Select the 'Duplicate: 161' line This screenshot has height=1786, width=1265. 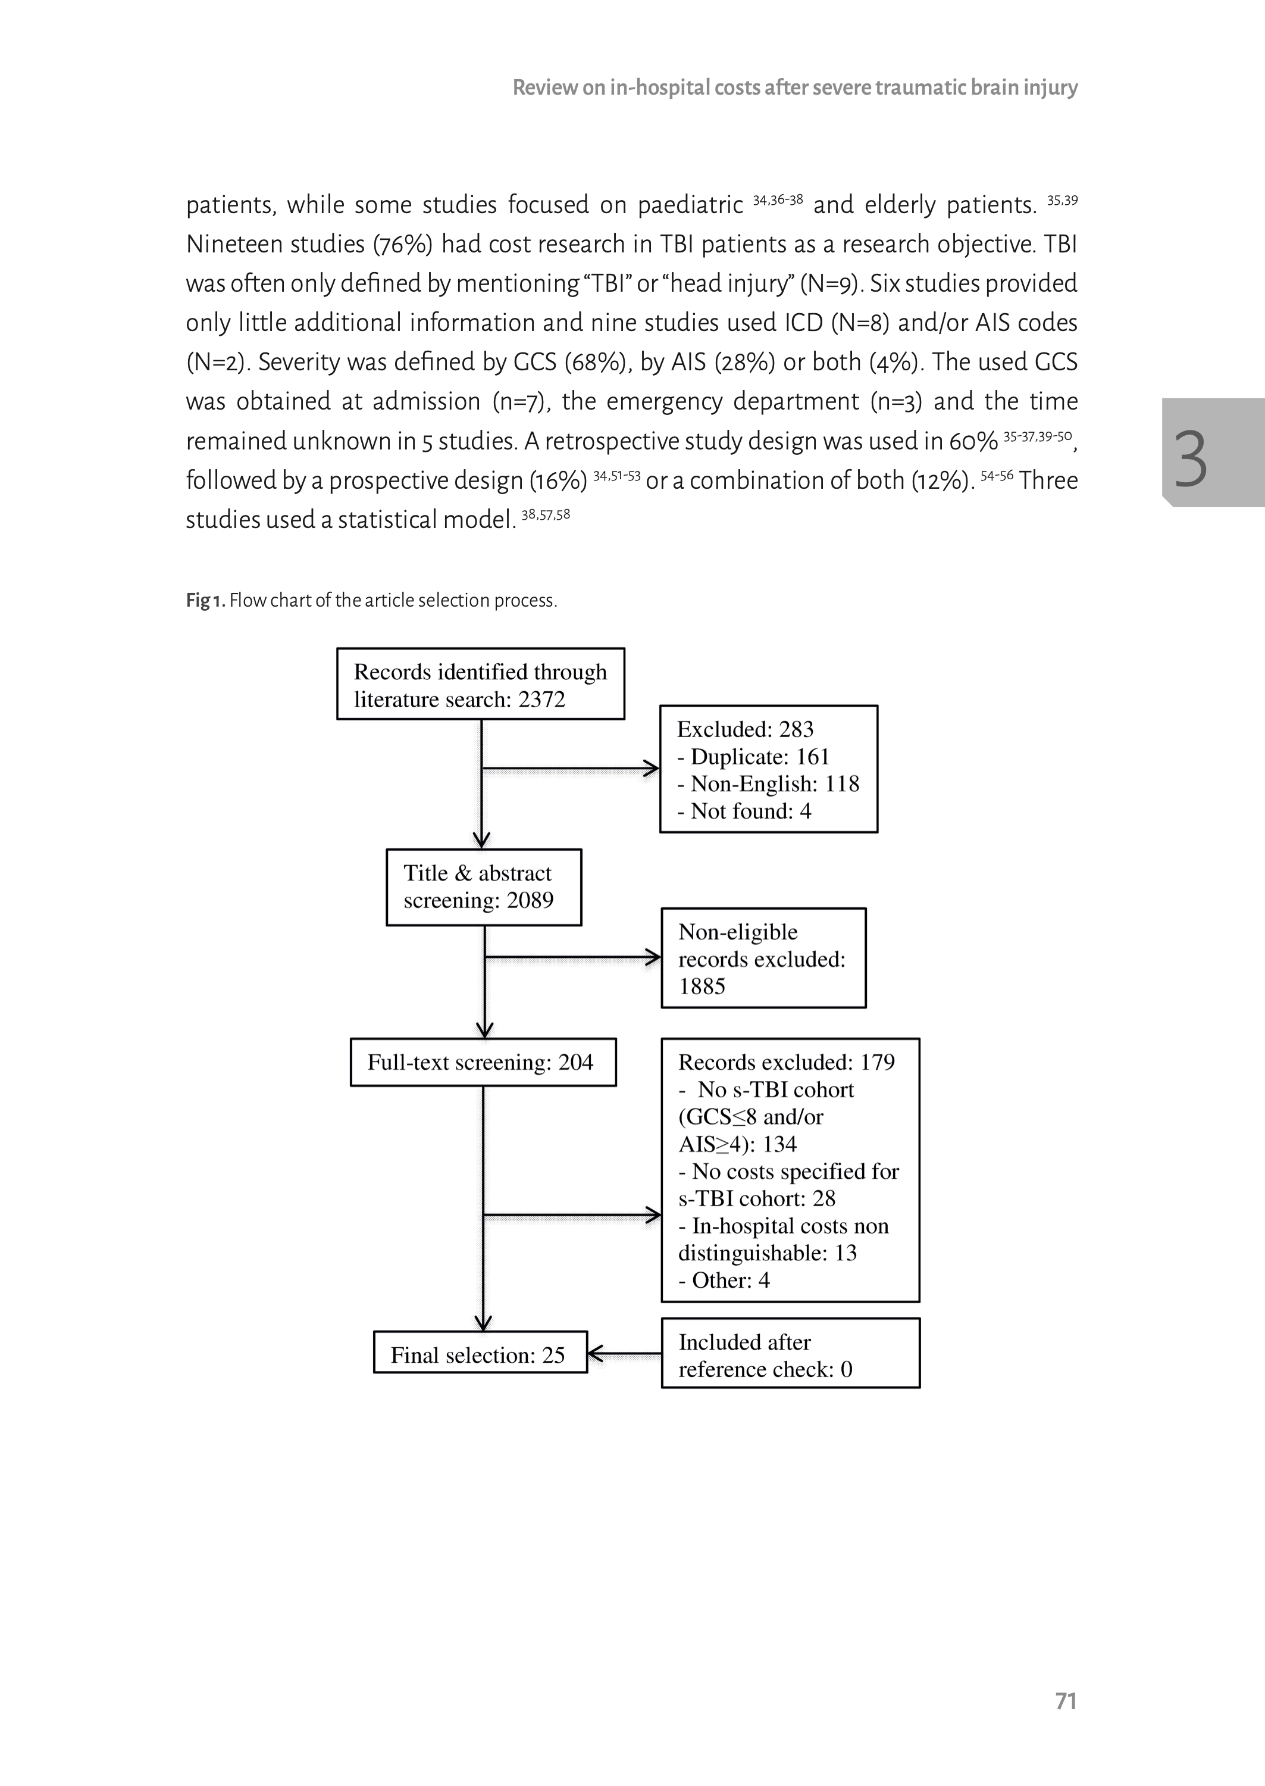pos(753,757)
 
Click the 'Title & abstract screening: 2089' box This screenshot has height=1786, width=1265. pos(484,887)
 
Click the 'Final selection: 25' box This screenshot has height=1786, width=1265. pos(480,1355)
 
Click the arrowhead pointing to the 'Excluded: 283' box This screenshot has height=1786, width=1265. pos(651,769)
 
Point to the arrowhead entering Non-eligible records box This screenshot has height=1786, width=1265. pos(653,957)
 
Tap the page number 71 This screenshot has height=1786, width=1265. pos(1066,1701)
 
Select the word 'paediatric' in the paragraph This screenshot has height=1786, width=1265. pos(690,205)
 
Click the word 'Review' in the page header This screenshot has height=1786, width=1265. pos(544,88)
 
